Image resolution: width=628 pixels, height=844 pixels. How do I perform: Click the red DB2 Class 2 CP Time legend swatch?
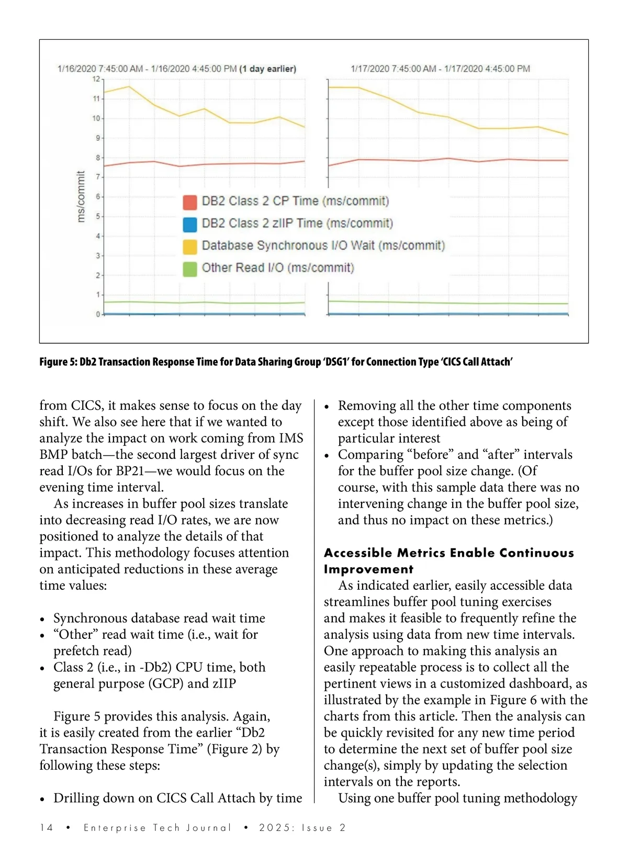point(190,202)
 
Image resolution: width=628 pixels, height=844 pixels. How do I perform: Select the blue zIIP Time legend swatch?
point(190,224)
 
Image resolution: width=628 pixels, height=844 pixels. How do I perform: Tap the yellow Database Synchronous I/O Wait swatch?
point(190,246)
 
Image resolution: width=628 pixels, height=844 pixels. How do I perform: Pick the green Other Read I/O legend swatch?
point(190,268)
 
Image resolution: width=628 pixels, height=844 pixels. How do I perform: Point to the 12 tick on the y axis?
point(96,79)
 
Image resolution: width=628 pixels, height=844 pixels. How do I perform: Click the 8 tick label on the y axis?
point(97,157)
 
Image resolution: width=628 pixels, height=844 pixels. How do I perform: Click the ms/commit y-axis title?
point(81,196)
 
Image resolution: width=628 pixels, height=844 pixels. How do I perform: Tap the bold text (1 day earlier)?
point(267,69)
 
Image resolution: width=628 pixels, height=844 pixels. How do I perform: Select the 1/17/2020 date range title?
point(440,69)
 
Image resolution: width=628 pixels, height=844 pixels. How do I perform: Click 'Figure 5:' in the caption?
point(58,362)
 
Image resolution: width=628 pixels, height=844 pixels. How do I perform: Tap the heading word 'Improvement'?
point(368,569)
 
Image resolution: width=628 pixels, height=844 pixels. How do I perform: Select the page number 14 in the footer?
point(46,827)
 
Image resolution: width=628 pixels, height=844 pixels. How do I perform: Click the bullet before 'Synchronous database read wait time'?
point(42,619)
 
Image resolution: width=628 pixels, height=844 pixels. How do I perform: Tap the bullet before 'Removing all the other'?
point(327,407)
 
